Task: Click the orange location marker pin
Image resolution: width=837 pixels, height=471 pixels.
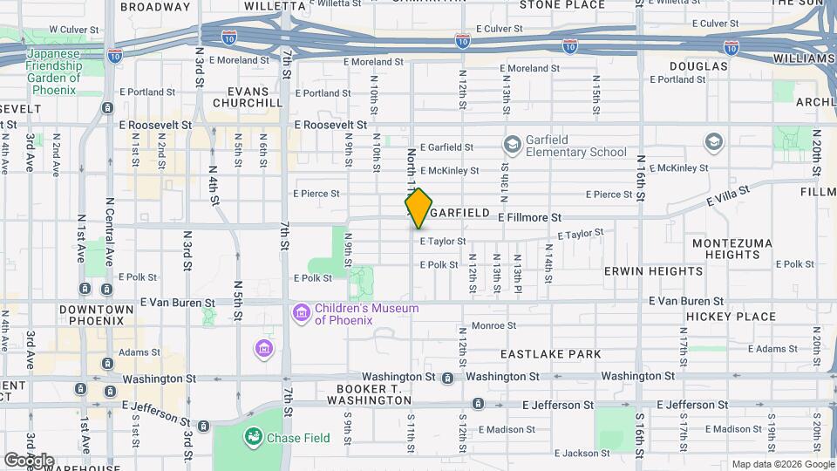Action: click(418, 208)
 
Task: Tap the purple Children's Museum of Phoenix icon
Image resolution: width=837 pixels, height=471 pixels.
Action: click(302, 312)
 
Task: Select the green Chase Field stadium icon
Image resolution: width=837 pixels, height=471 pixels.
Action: click(254, 436)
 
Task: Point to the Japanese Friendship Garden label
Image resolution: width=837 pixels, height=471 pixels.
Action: click(52, 65)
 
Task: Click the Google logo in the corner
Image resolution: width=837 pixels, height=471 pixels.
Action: click(29, 461)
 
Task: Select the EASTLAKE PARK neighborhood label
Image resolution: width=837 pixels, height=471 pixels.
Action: click(551, 354)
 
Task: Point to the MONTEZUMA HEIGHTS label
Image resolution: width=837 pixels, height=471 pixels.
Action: click(726, 249)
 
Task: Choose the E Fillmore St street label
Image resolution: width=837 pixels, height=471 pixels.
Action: click(529, 216)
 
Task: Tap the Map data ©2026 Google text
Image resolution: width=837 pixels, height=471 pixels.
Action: click(781, 464)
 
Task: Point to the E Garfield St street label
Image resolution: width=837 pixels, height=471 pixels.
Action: click(446, 147)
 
